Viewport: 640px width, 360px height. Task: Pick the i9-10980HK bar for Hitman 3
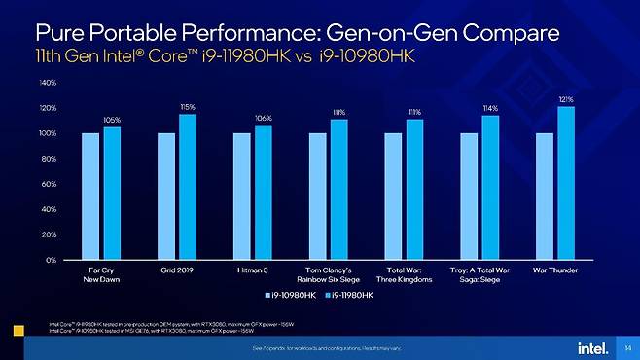(241, 197)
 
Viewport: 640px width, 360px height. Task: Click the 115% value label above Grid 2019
(188, 106)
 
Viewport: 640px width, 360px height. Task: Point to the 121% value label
(566, 98)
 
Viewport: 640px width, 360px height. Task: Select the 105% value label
(112, 119)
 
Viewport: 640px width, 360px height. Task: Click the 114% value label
(490, 108)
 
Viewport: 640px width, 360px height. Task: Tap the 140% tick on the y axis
(48, 83)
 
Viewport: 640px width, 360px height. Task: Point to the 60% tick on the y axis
(50, 184)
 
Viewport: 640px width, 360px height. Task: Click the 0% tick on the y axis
(52, 260)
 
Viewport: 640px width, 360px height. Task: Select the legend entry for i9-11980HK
(347, 293)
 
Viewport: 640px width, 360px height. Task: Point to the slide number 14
(627, 347)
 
